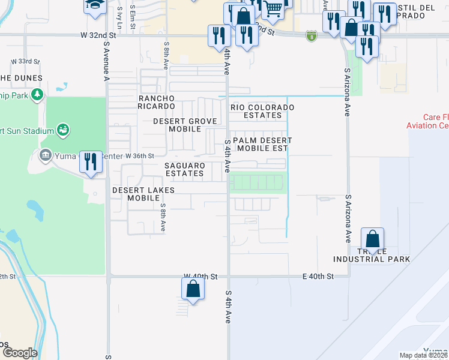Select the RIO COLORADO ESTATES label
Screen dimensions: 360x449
click(263, 111)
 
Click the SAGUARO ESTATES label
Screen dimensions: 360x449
click(185, 169)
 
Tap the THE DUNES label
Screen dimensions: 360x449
click(21, 78)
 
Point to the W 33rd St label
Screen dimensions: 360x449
click(25, 62)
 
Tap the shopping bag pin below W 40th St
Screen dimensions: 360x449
click(193, 289)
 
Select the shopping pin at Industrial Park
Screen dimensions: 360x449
click(373, 239)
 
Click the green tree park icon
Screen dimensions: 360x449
click(37, 95)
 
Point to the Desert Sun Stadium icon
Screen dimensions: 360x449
click(62, 130)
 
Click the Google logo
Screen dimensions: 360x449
click(19, 353)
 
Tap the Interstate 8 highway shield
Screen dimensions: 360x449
click(310, 36)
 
